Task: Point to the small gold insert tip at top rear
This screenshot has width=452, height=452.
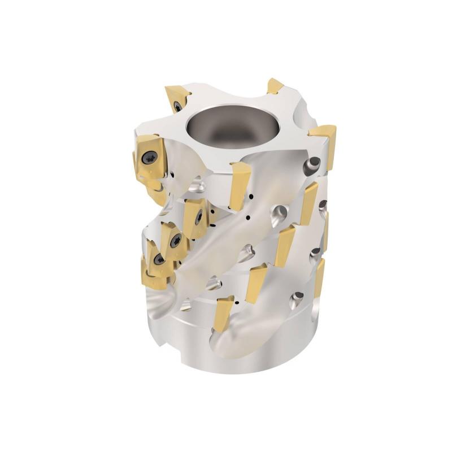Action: (275, 86)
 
